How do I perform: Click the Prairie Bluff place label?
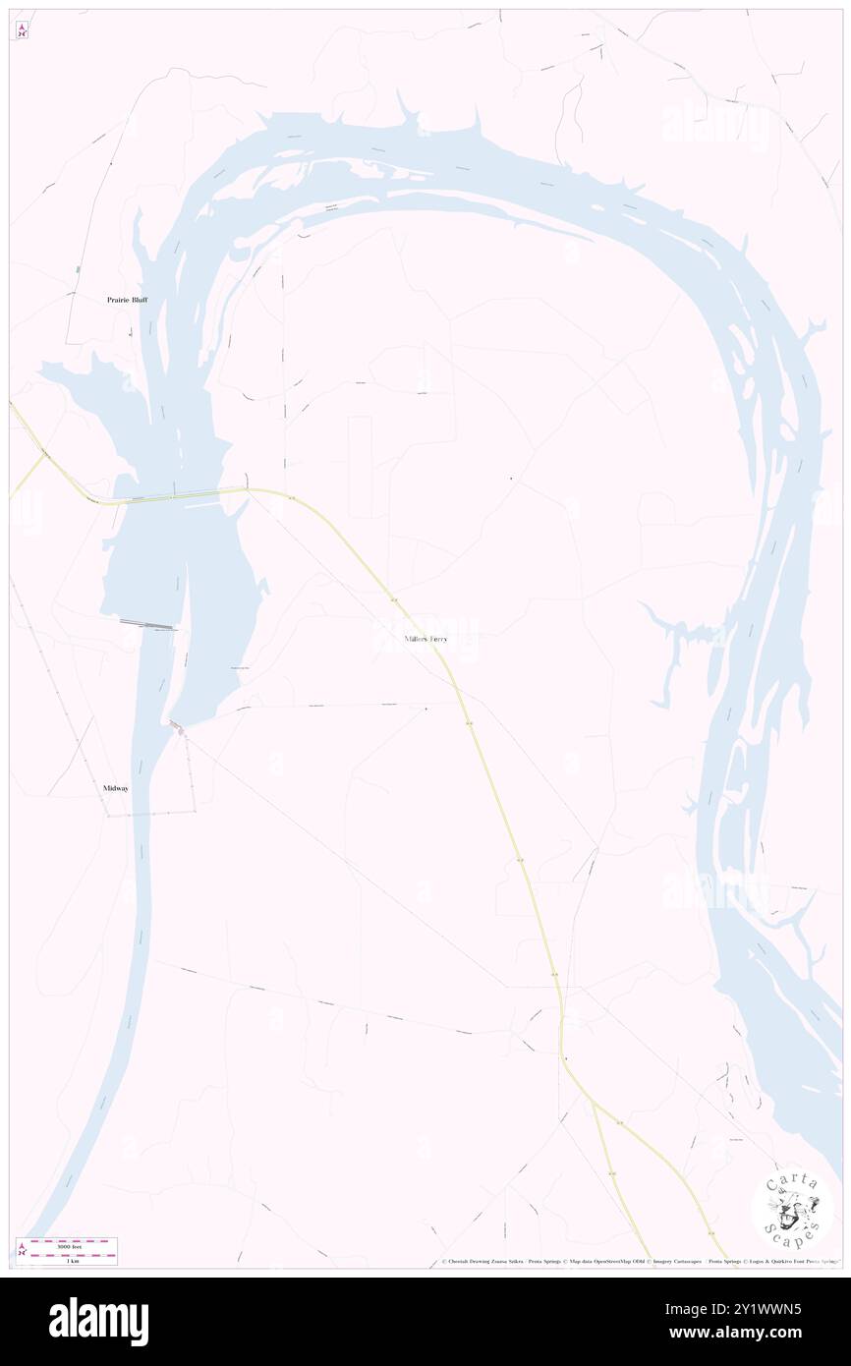127,300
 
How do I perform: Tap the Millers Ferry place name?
425,640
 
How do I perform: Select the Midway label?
116,788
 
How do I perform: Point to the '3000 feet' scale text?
68,1246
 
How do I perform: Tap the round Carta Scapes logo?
792,1208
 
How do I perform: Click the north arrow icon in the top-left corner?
23,30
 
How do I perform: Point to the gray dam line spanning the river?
147,623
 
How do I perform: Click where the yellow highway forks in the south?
593,1105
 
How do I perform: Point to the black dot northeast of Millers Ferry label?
511,479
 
